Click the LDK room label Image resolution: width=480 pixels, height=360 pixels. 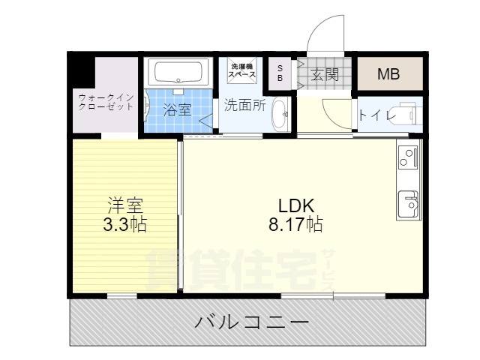pyautogui.click(x=296, y=206)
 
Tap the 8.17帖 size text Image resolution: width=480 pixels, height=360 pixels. pyautogui.click(x=295, y=224)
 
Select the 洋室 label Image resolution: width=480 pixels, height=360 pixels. pyautogui.click(x=125, y=205)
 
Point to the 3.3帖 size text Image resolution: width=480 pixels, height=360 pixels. pyautogui.click(x=125, y=224)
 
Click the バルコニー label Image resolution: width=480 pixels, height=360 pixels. pyautogui.click(x=252, y=322)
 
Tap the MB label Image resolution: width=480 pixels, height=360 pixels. pyautogui.click(x=388, y=74)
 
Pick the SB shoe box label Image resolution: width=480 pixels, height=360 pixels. pyautogui.click(x=280, y=73)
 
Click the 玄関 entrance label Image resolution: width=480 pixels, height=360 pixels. pyautogui.click(x=325, y=74)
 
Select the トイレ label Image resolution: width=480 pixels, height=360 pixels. pyautogui.click(x=377, y=115)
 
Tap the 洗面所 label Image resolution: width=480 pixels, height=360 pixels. pyautogui.click(x=245, y=105)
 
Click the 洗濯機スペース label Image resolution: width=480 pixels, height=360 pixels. pyautogui.click(x=241, y=70)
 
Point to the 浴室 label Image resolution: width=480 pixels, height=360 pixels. pyautogui.click(x=177, y=109)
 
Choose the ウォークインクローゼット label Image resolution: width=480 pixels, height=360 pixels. pyautogui.click(x=106, y=102)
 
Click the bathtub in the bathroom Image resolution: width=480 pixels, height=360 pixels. pyautogui.click(x=178, y=73)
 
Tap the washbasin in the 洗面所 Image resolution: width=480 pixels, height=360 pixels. pyautogui.click(x=280, y=114)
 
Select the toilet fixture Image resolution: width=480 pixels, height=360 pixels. pyautogui.click(x=407, y=114)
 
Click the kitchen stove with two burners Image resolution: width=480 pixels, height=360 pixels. pyautogui.click(x=408, y=158)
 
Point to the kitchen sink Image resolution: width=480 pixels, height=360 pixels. pyautogui.click(x=408, y=203)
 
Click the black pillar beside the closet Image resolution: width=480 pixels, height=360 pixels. pyautogui.click(x=81, y=70)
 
